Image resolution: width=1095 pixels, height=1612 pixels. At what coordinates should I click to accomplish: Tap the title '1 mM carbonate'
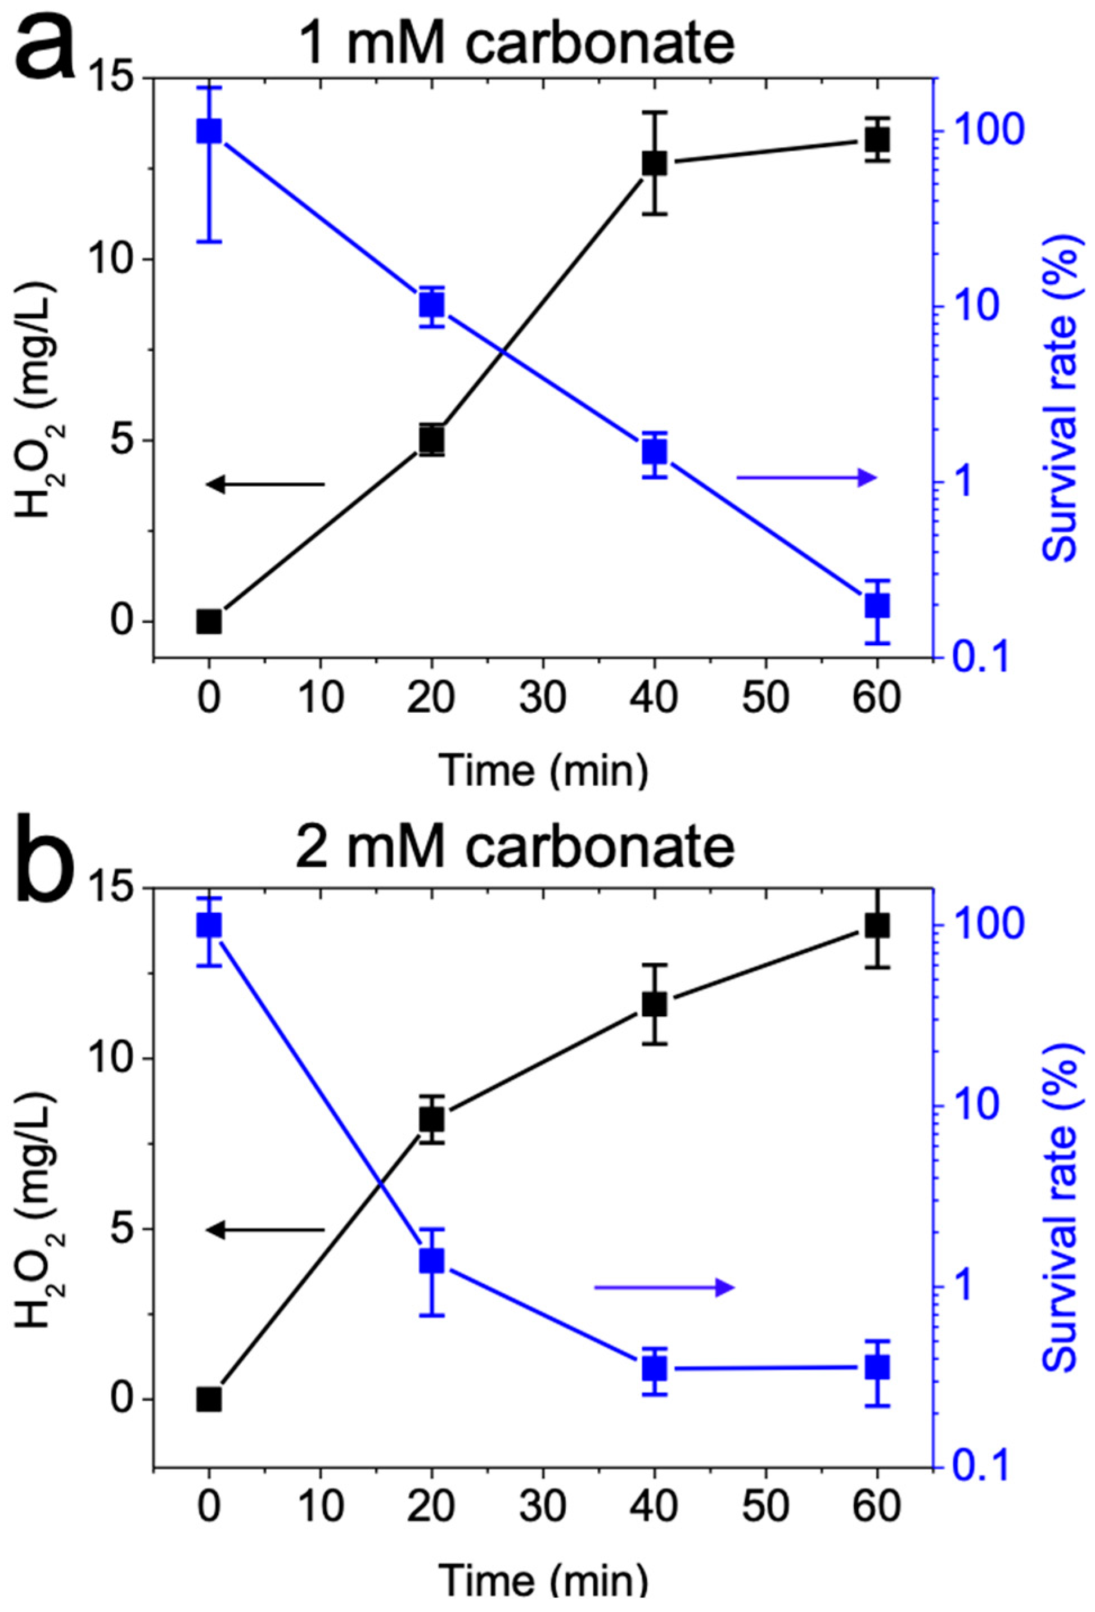(517, 43)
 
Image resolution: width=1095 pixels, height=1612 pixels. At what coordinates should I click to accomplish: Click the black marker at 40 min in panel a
(654, 163)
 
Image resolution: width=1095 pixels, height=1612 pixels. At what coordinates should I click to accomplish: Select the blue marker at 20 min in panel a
(431, 305)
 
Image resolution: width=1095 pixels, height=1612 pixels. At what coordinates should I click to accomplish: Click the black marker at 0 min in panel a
(209, 621)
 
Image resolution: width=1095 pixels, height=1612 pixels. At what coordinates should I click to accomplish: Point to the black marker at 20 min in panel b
(431, 1119)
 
